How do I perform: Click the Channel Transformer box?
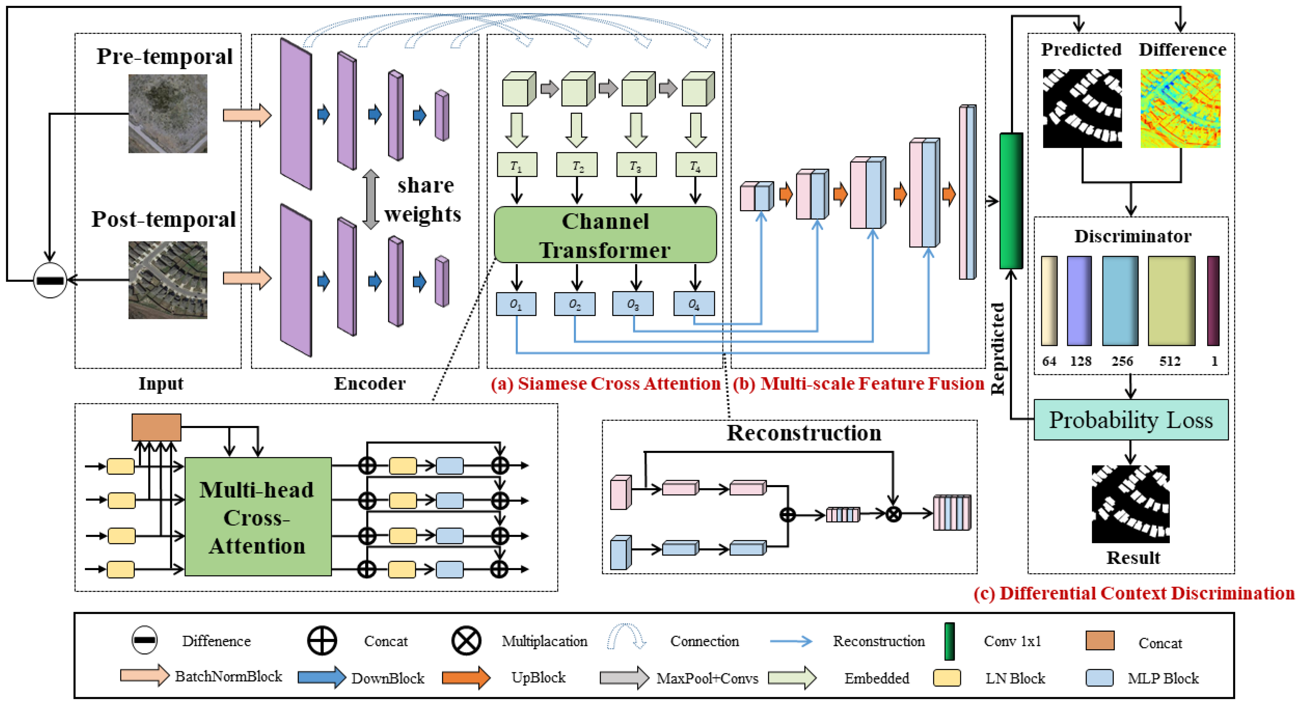[605, 235]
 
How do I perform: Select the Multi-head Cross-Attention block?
[258, 517]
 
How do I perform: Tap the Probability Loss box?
[1130, 420]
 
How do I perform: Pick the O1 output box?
[516, 304]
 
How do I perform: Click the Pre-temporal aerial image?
[168, 114]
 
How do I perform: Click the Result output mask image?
[1130, 504]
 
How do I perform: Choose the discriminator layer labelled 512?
[1171, 301]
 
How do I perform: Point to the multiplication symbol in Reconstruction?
[893, 514]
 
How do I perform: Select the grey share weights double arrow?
[371, 200]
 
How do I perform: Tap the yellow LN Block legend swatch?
[946, 678]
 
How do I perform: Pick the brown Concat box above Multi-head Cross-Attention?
[156, 427]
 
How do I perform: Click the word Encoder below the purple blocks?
[369, 383]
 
